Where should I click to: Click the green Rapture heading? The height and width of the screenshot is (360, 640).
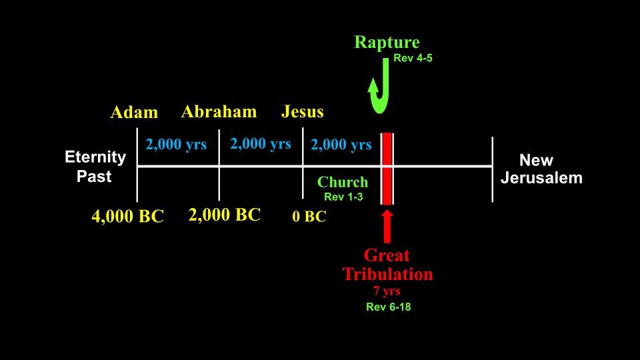(387, 43)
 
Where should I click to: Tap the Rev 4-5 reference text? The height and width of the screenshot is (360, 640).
(413, 58)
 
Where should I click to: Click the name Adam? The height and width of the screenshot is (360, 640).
(134, 112)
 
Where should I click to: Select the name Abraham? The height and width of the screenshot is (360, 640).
(219, 111)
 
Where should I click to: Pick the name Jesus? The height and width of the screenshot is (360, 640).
(303, 111)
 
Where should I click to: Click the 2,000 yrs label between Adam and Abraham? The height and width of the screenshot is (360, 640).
(176, 144)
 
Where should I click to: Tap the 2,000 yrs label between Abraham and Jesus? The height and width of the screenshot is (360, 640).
(261, 144)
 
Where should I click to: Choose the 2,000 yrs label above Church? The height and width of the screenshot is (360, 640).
(341, 144)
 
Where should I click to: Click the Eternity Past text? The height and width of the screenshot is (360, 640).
(95, 167)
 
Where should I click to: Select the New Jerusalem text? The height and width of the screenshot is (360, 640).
(541, 169)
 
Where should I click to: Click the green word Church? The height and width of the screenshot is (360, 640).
(343, 182)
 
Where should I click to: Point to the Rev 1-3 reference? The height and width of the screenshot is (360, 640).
(343, 197)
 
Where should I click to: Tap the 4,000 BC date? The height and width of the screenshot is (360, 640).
(128, 216)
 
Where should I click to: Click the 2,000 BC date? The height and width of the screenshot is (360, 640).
(225, 215)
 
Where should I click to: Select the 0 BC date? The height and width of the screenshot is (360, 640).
(309, 216)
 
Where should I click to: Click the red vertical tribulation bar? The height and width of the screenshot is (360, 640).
(387, 169)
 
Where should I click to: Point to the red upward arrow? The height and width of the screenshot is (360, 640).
(387, 227)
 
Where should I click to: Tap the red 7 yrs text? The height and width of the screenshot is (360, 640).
(387, 291)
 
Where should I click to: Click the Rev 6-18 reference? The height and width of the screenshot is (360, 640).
(388, 307)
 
